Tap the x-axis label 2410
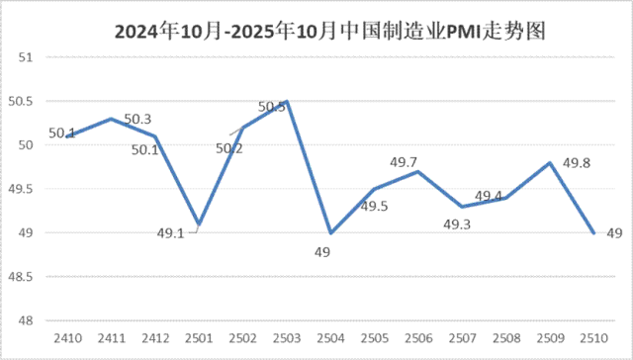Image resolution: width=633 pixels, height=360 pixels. click(65, 338)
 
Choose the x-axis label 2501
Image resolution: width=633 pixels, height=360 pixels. click(198, 338)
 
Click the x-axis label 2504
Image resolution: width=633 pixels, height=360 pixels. click(330, 338)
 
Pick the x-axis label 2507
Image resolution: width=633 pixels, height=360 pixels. click(463, 338)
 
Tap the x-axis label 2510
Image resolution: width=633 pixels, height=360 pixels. click(593, 338)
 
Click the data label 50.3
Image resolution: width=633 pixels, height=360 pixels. click(137, 120)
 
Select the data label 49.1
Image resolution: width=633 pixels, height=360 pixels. click(171, 234)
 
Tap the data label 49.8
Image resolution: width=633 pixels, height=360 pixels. click(577, 162)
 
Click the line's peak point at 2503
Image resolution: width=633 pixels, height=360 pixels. click(286, 101)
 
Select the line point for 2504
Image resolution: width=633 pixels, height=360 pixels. click(330, 232)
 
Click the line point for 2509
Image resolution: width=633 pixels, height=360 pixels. click(550, 162)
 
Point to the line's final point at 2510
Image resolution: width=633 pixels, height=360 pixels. click(593, 232)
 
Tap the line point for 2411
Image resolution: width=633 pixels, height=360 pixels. click(110, 119)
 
